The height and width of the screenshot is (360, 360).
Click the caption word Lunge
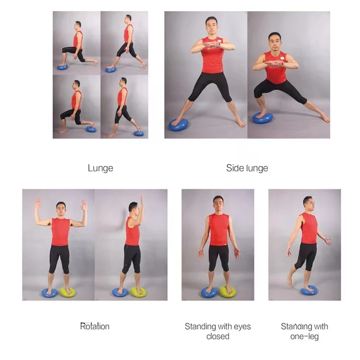coord(100,168)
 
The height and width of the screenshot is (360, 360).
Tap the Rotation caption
coord(94,326)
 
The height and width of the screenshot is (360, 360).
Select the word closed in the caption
coord(218,337)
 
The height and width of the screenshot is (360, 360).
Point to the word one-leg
coord(305,337)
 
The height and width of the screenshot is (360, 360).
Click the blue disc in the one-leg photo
coord(309,291)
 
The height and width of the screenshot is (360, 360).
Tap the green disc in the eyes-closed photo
coord(228,292)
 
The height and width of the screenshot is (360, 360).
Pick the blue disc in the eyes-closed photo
coord(209,292)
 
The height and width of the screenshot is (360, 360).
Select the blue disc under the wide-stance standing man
coord(179,124)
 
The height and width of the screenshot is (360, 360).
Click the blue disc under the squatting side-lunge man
coord(262,118)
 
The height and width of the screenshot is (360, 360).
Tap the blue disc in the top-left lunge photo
coord(63,67)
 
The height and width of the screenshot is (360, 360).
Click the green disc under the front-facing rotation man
coord(67,292)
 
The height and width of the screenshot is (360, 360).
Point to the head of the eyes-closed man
coord(218,203)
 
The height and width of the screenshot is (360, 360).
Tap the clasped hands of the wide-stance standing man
coord(213,45)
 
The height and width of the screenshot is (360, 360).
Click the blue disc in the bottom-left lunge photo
coord(91,130)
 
